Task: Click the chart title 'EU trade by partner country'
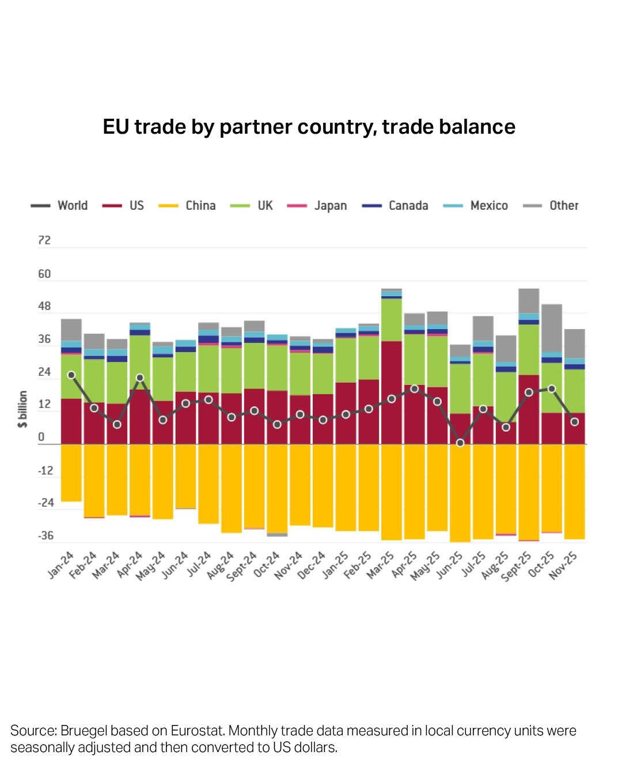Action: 309,126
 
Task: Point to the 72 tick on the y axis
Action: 44,240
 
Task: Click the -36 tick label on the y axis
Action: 45,536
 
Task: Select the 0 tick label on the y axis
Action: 41,437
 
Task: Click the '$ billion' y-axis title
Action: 23,409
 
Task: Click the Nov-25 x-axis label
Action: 563,565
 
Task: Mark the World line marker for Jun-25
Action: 460,443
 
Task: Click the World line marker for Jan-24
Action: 71,375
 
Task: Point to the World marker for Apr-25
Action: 414,389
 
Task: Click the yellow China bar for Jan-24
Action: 71,473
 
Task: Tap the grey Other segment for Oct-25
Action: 552,327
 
